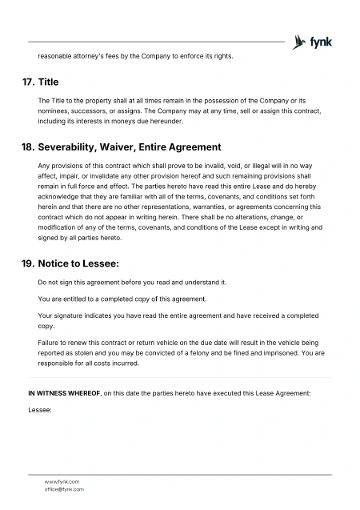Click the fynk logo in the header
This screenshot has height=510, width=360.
click(x=313, y=41)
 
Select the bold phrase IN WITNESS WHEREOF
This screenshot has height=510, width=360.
click(x=64, y=394)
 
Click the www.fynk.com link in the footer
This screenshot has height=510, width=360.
click(x=62, y=481)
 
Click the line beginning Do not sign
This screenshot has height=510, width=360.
click(x=133, y=283)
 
